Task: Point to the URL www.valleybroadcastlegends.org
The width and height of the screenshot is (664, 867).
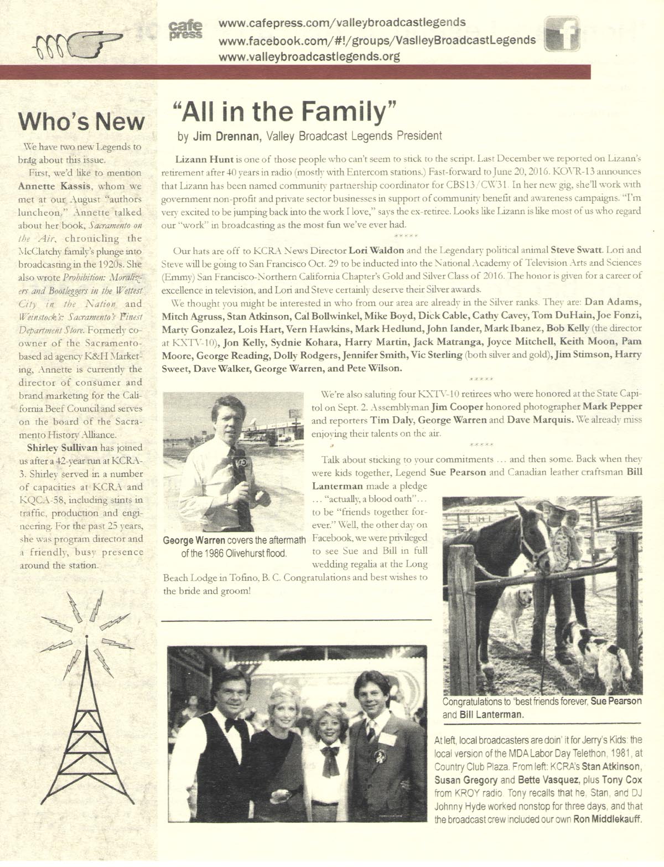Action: tap(309, 56)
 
